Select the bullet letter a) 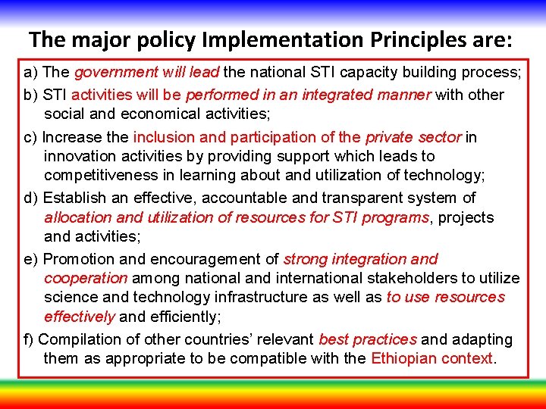tap(31, 73)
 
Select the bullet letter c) tap(31, 138)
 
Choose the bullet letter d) tap(32, 198)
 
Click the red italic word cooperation tap(86, 279)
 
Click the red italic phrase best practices tap(368, 339)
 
